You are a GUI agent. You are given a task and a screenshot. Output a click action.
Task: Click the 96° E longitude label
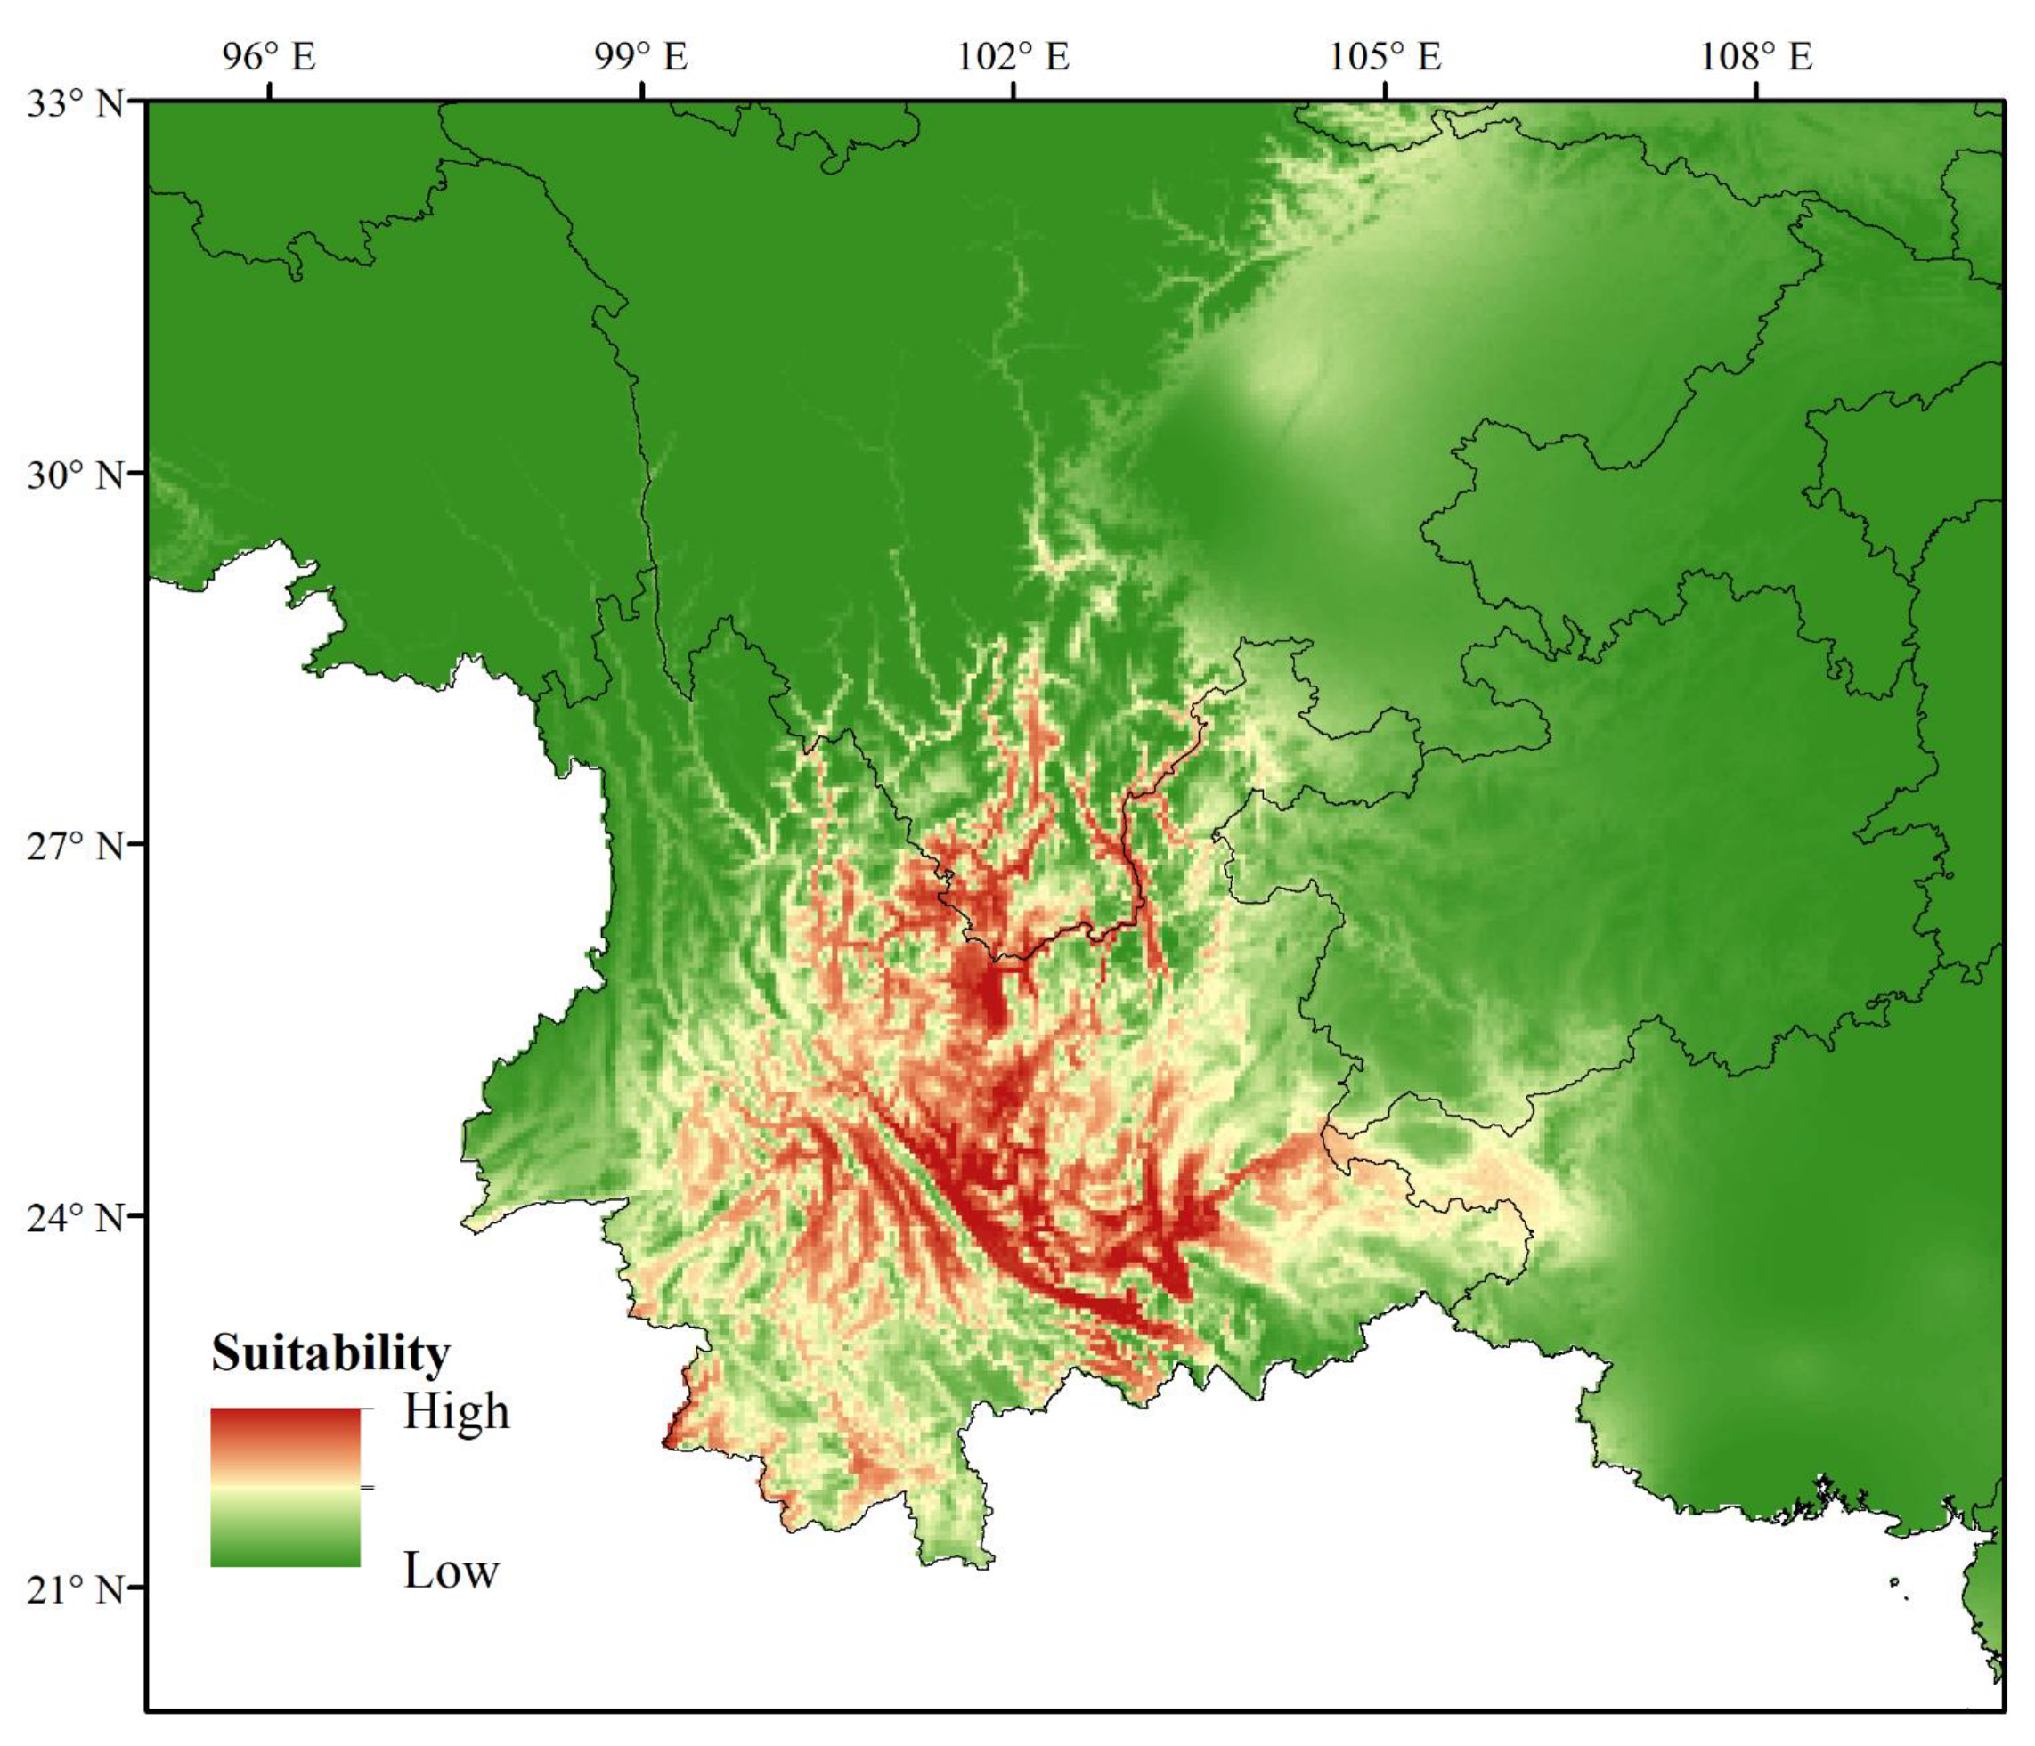[268, 56]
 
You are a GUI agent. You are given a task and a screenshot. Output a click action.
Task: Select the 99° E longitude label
[640, 56]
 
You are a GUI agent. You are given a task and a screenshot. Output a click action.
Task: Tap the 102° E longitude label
[1013, 56]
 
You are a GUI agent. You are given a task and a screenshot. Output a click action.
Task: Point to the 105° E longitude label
[1385, 56]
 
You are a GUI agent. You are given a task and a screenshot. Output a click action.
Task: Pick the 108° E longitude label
[1756, 56]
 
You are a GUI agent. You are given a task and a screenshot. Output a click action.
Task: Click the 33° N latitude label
[75, 102]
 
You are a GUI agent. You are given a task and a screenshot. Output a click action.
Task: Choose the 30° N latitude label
[75, 475]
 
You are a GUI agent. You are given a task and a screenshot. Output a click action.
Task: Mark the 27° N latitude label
[75, 846]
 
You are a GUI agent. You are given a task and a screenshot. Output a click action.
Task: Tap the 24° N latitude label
[75, 1218]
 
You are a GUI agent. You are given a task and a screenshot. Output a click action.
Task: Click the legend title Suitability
[330, 1353]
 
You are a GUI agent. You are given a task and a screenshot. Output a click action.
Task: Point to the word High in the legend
[457, 1412]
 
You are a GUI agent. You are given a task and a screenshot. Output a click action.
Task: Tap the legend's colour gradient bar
[285, 1487]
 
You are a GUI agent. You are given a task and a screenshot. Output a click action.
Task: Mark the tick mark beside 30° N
[135, 473]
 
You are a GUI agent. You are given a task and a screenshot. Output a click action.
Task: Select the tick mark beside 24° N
[135, 1215]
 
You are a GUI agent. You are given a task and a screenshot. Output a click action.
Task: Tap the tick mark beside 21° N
[135, 1587]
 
